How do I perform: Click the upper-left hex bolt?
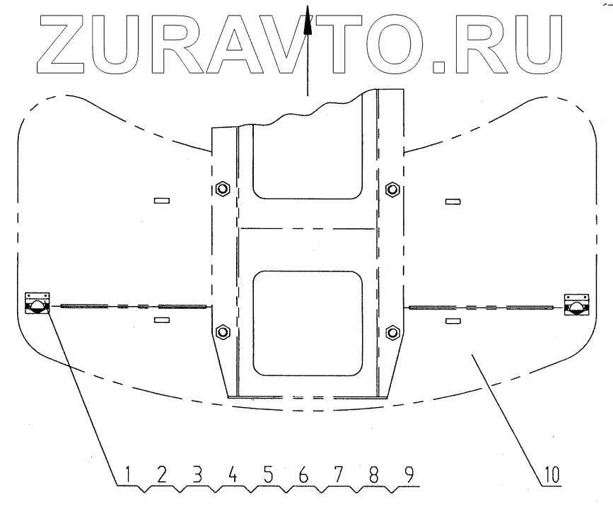[222, 189]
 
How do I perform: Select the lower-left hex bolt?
[222, 331]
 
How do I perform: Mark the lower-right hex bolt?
[392, 331]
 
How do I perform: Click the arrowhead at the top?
[307, 25]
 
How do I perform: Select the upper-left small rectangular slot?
[162, 201]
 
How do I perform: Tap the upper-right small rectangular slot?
[453, 202]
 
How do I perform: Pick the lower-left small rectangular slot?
[162, 320]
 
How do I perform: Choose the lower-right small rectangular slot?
[453, 321]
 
